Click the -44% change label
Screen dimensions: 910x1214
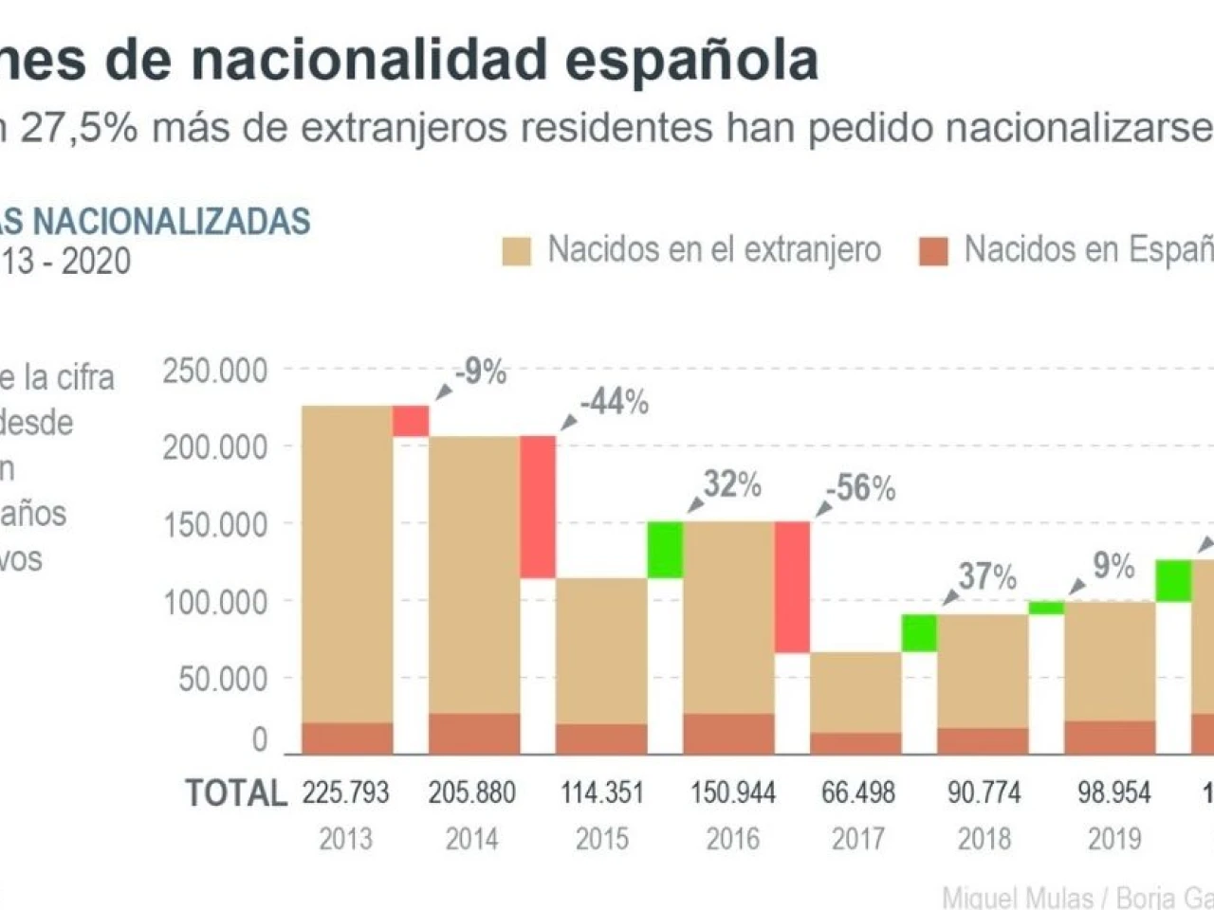pos(614,402)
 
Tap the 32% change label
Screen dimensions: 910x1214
pos(731,484)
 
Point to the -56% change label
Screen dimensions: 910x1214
pos(860,488)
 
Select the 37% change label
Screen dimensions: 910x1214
pos(986,576)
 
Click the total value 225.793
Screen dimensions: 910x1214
pos(345,792)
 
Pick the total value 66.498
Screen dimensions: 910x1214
pos(858,792)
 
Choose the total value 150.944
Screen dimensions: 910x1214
pos(732,792)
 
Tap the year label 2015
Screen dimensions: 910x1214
pos(602,839)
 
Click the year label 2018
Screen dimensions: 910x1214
pos(984,839)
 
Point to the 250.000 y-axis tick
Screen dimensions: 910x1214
pos(214,371)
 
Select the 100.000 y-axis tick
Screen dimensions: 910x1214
pos(214,602)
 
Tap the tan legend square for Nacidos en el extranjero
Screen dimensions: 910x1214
pos(516,251)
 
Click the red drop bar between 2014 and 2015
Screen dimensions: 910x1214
pos(538,507)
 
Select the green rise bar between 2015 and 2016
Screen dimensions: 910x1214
pos(665,550)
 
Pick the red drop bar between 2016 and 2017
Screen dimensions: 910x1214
pos(792,587)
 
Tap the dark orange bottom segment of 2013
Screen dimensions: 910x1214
pos(347,738)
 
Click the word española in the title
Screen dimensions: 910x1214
pos(691,59)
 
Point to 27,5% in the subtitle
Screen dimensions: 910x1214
pos(79,128)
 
